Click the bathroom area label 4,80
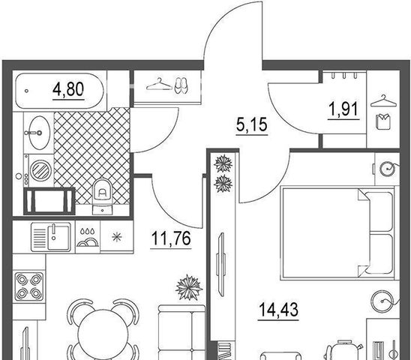(x=68, y=89)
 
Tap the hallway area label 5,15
(x=252, y=124)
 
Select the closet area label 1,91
(x=343, y=109)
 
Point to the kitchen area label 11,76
(x=171, y=238)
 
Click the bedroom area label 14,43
(x=278, y=310)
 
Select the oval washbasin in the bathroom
(x=39, y=133)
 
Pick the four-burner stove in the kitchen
(x=28, y=286)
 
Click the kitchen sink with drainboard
(x=51, y=237)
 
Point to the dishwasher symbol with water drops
(x=88, y=237)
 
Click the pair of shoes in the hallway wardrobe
(x=181, y=85)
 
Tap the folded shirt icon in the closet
(x=383, y=121)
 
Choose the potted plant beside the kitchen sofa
(x=189, y=288)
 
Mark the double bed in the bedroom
(x=337, y=232)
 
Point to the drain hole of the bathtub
(x=26, y=91)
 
